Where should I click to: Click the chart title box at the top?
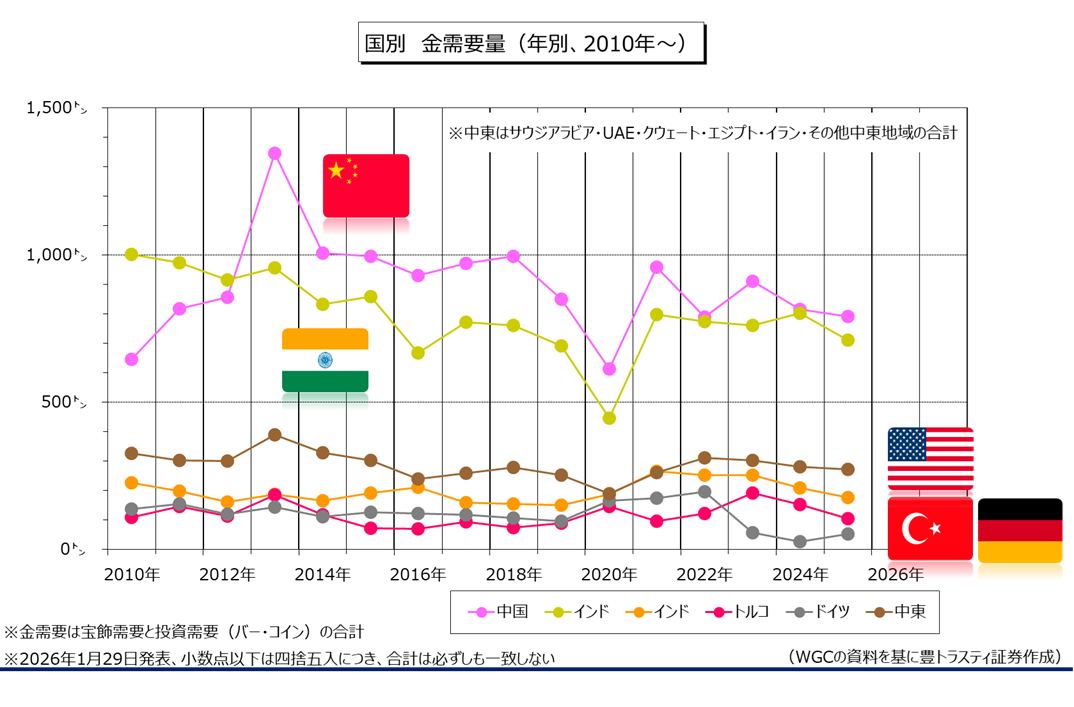(x=531, y=44)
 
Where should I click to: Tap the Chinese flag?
(x=365, y=185)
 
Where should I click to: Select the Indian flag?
(x=325, y=360)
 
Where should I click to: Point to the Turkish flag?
(x=930, y=528)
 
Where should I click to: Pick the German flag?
(x=1019, y=530)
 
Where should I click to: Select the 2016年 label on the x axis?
(x=417, y=574)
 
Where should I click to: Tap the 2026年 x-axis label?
(x=895, y=574)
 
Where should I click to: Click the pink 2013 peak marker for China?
(x=274, y=153)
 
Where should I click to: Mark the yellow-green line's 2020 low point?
(x=609, y=418)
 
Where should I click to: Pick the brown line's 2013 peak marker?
(x=274, y=435)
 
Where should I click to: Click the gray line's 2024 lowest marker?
(x=800, y=542)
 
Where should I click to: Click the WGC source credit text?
(x=923, y=656)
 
